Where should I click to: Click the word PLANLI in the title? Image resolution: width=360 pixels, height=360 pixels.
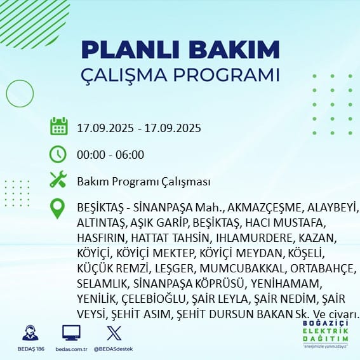tap(130, 50)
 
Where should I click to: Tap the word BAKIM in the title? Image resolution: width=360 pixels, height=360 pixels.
tap(234, 50)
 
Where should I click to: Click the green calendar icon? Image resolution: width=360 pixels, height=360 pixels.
tap(59, 126)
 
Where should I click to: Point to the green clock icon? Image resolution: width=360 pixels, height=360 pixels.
tap(58, 154)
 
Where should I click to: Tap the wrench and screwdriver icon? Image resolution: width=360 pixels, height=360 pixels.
tap(58, 179)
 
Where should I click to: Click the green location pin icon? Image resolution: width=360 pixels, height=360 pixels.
tap(57, 208)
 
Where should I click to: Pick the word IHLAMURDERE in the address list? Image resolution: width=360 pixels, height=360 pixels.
tap(255, 238)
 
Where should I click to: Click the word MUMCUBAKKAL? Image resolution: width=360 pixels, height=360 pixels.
tap(242, 269)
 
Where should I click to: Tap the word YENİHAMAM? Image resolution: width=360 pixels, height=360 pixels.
tap(285, 284)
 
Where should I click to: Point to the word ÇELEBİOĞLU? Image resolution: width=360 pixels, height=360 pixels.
tap(154, 299)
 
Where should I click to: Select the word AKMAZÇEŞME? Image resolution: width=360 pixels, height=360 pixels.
tap(265, 208)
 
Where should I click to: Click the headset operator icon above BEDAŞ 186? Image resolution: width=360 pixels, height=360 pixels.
tap(30, 333)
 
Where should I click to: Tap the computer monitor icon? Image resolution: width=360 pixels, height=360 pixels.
tap(71, 333)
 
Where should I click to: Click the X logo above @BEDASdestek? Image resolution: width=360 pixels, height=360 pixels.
tap(114, 333)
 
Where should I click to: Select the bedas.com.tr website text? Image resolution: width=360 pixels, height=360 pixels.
tap(71, 349)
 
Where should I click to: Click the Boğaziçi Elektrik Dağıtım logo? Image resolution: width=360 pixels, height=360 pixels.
tap(325, 334)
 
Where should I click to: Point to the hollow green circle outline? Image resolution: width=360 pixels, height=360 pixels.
tap(6, 94)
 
